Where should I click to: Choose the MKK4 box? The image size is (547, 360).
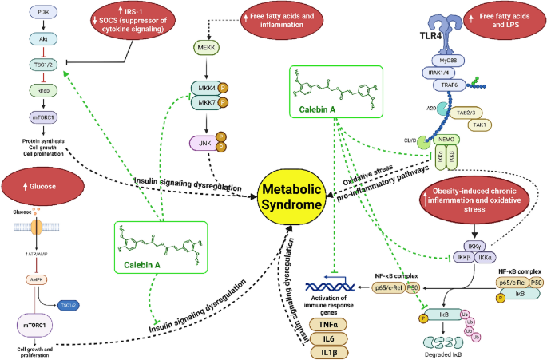click(x=204, y=89)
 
